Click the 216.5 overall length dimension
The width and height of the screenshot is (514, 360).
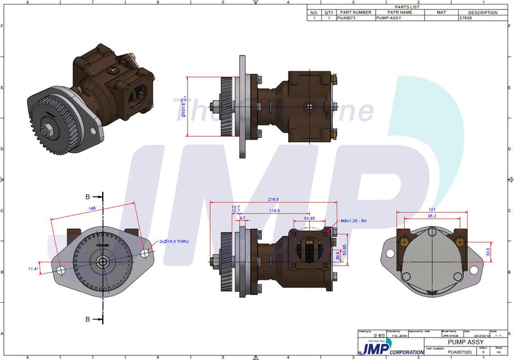(x=274, y=199)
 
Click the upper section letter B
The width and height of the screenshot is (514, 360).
(x=87, y=195)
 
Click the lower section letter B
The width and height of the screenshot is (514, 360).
(x=87, y=318)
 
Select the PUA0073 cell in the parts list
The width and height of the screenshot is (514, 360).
(x=346, y=19)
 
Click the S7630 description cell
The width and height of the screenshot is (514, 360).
(x=465, y=19)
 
